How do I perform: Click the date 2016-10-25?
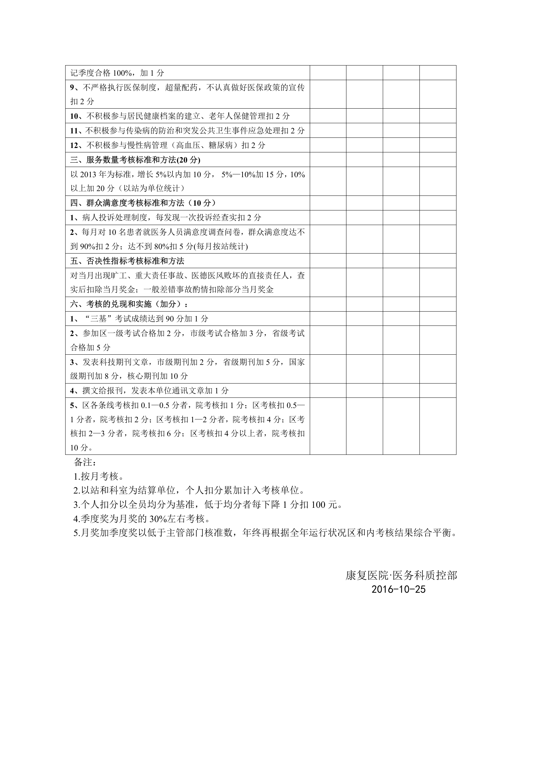tap(398, 589)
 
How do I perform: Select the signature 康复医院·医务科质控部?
tap(401, 575)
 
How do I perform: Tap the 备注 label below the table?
tap(85, 462)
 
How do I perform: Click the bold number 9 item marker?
tap(72, 88)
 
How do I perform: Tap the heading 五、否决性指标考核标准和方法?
tap(127, 261)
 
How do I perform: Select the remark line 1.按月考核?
tap(96, 476)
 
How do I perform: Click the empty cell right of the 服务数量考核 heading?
tap(328, 160)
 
